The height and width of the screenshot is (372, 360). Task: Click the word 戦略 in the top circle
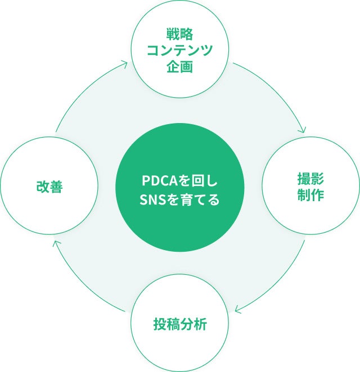179,33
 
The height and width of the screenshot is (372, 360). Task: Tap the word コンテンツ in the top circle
179,49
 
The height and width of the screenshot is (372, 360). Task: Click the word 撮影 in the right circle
310,179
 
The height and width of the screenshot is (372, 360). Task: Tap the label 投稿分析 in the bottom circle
179,324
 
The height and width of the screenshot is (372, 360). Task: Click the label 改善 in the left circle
48,187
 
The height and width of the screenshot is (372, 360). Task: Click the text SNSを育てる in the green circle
180,199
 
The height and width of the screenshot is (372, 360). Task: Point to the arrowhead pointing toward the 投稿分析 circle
238,309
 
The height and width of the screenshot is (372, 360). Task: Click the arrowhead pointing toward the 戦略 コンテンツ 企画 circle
124,65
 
